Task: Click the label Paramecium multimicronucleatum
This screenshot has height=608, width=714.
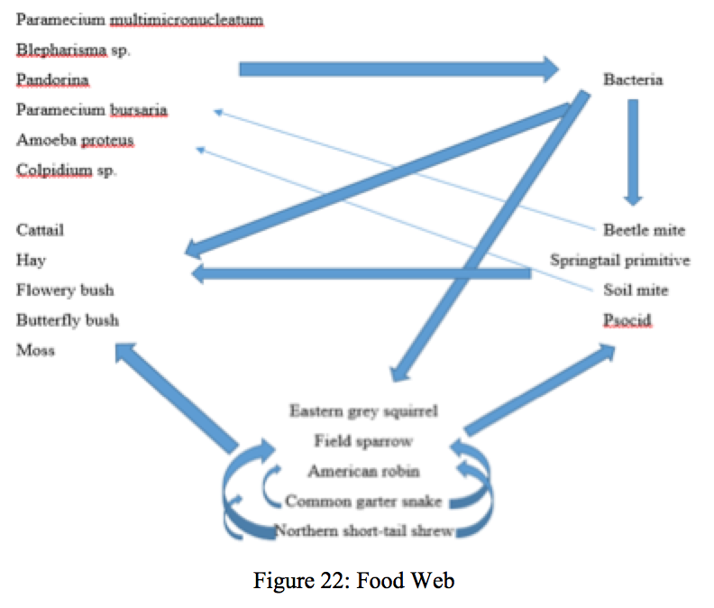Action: (x=140, y=20)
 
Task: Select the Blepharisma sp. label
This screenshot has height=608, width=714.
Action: (x=73, y=51)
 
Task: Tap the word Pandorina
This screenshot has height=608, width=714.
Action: (x=52, y=80)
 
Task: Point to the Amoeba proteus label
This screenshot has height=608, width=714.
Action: (x=75, y=141)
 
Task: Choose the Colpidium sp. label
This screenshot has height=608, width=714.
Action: (x=66, y=170)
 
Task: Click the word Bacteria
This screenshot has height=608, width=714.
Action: (x=633, y=79)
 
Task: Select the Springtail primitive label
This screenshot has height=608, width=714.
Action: (x=620, y=261)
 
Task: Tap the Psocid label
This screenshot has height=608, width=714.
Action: (x=627, y=320)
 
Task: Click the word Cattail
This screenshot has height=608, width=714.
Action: (x=41, y=230)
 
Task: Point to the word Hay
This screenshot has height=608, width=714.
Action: (x=31, y=261)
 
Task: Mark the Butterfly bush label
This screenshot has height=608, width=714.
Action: (x=68, y=320)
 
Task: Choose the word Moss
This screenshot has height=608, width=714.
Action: (x=35, y=350)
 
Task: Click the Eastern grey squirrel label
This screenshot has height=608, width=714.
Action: (x=363, y=411)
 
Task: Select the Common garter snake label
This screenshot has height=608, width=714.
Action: (x=363, y=501)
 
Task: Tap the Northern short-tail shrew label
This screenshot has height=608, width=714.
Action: (x=363, y=530)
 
